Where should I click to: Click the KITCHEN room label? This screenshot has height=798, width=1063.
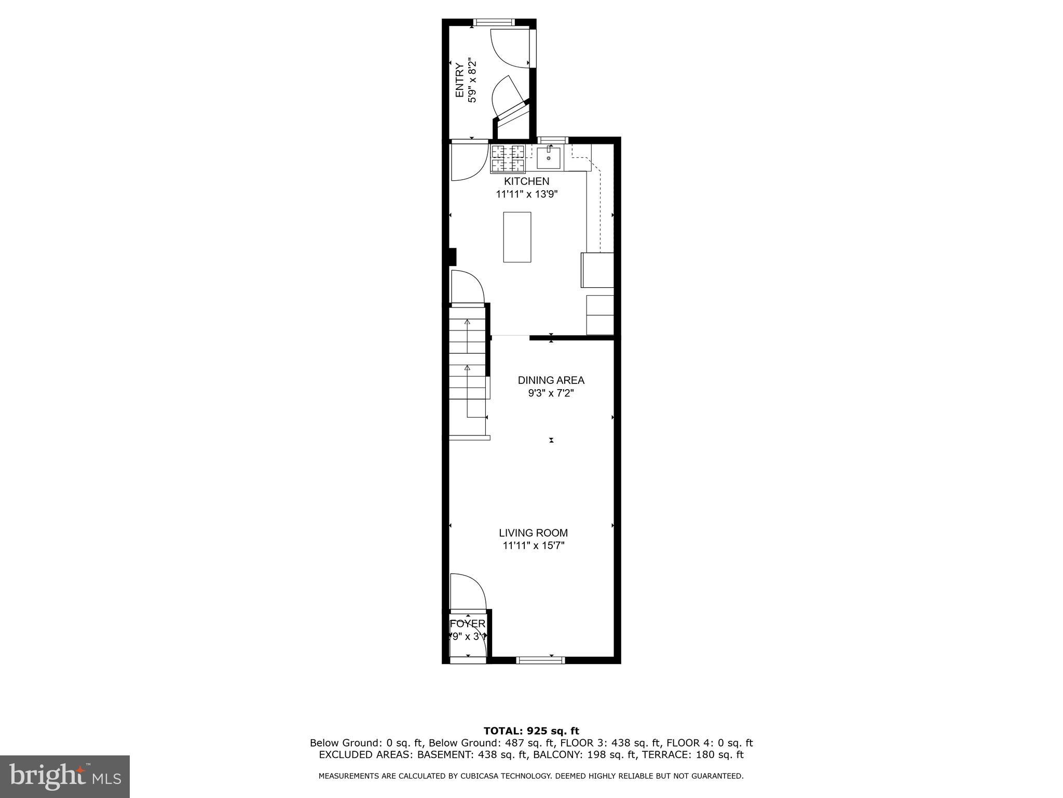click(x=526, y=181)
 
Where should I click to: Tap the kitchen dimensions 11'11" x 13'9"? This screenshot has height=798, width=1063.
click(x=526, y=194)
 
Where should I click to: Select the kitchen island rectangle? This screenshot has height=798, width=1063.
click(x=517, y=237)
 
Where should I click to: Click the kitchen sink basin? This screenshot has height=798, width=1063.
click(x=549, y=158)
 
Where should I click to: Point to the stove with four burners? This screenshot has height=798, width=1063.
click(x=508, y=158)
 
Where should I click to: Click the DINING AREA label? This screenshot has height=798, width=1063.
click(x=551, y=380)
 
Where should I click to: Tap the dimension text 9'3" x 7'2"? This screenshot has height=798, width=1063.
click(x=551, y=393)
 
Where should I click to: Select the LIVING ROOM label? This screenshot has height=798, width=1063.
click(x=533, y=533)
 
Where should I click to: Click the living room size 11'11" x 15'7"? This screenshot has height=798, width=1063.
click(x=533, y=546)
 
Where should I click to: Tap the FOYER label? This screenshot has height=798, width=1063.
click(x=467, y=623)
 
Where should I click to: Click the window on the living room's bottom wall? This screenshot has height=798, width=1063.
click(x=540, y=660)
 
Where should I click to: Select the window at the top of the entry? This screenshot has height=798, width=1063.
click(x=493, y=22)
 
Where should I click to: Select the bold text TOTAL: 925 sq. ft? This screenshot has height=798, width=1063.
click(x=531, y=731)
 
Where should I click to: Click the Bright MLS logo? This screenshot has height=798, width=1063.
click(x=65, y=776)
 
